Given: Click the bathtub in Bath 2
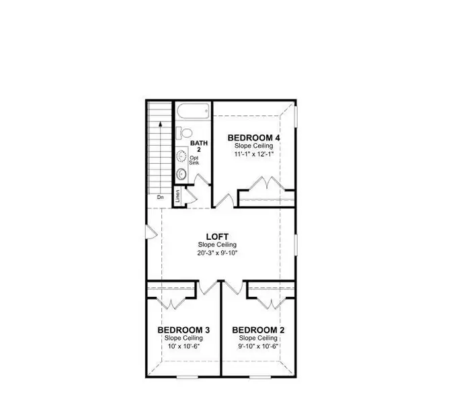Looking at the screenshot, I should [194, 110].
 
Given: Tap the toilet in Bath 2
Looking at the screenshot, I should [185, 133].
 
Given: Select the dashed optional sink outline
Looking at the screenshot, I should [181, 157].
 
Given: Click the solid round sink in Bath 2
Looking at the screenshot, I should [181, 174].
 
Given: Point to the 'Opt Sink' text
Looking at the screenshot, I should [194, 161].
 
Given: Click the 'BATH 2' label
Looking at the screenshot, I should [199, 146].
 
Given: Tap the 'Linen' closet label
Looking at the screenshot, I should [177, 196].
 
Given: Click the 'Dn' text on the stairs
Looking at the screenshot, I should [161, 197].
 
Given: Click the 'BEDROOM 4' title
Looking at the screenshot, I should [253, 138].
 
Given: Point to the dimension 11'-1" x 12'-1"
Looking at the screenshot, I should [253, 154].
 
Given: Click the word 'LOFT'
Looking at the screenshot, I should [218, 236].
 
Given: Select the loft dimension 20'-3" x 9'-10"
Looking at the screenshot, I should [218, 253].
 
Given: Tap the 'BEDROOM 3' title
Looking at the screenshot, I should [184, 330].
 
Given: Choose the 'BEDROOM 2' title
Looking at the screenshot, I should [259, 330].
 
